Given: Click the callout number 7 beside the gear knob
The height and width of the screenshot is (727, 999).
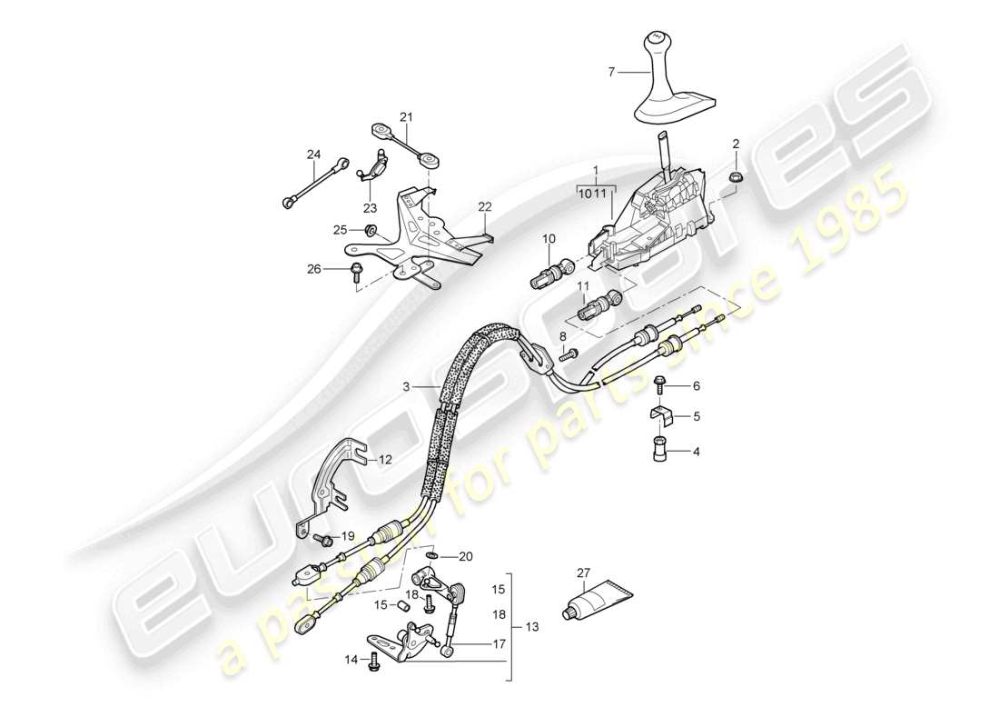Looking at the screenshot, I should [611, 70].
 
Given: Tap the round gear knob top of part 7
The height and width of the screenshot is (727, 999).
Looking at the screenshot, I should [657, 43].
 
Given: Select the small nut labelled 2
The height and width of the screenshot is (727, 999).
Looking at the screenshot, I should [737, 174].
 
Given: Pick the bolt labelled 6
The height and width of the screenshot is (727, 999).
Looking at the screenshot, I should [660, 385].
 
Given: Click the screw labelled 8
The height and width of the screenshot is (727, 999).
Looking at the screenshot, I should [565, 356].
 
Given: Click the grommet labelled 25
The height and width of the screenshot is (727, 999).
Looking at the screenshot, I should [371, 231].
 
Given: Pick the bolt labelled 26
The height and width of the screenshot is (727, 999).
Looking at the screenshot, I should [355, 271].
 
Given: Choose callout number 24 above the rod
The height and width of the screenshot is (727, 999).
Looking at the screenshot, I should [313, 154].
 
